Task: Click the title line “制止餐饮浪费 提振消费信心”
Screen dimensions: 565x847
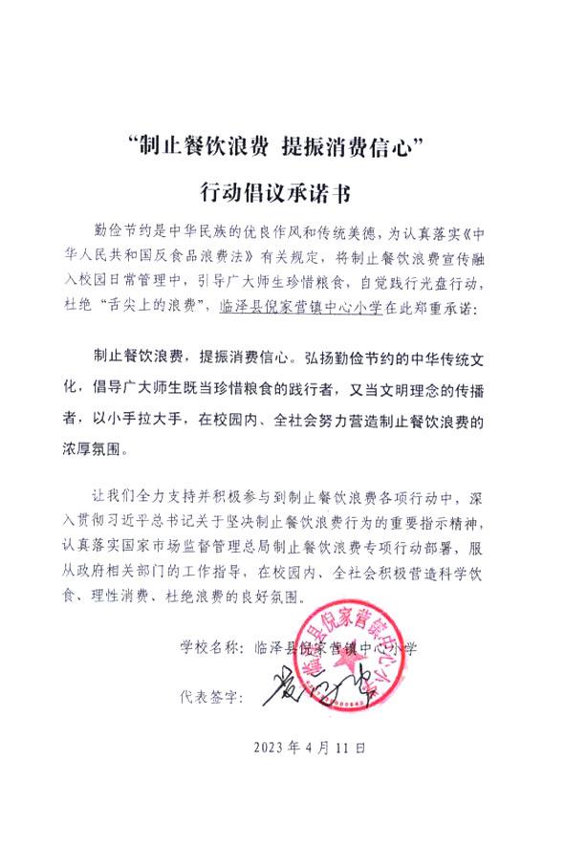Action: pos(281,148)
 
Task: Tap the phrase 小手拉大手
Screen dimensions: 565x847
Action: pos(155,419)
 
